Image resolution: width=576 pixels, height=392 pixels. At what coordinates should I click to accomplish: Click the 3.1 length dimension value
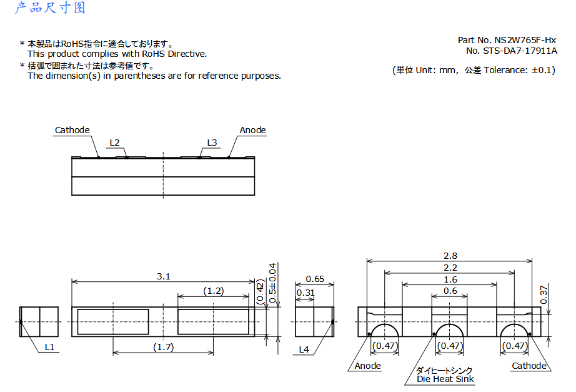164,276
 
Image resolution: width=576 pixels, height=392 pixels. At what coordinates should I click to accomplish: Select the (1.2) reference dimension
214,291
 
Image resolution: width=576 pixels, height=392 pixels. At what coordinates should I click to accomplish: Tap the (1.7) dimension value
164,347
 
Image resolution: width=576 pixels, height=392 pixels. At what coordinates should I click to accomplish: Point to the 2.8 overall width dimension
450,256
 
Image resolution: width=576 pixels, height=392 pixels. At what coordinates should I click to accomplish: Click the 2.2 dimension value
450,268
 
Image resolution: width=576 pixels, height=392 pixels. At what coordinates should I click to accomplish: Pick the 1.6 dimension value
450,279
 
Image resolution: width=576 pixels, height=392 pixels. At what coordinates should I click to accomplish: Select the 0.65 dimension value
315,279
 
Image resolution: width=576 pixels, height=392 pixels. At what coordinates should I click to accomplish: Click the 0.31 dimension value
305,293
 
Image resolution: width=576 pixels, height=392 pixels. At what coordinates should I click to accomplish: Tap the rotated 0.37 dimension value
544,295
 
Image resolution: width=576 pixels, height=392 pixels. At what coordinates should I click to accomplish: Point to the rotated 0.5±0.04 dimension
272,283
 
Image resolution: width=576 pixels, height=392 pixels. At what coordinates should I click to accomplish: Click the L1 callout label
49,347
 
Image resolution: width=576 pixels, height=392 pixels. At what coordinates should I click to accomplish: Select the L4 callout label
304,349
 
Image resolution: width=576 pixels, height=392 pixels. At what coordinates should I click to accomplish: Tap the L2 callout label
114,143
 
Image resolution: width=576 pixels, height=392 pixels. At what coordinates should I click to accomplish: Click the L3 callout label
212,143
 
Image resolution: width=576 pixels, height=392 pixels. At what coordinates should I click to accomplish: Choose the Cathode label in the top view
72,130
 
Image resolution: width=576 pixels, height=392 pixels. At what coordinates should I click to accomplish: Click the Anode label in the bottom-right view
368,366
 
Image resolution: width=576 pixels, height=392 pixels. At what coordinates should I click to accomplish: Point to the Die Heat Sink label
445,379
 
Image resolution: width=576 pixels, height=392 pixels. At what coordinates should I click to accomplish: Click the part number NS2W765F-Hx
525,40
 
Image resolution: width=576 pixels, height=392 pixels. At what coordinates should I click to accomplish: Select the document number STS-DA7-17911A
520,51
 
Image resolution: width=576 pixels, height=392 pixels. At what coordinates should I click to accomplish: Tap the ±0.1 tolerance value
542,70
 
